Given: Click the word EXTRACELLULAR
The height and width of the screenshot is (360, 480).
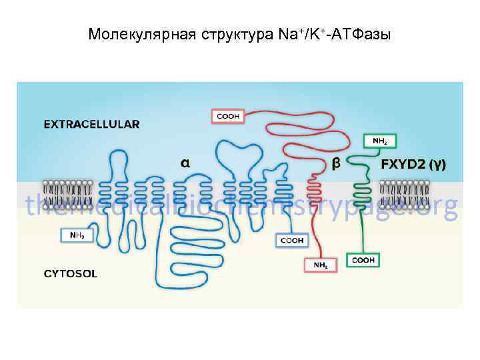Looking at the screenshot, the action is pyautogui.click(x=91, y=123).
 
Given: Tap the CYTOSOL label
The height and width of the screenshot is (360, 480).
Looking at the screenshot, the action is pyautogui.click(x=70, y=273).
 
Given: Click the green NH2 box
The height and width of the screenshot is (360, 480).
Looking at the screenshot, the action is pyautogui.click(x=380, y=141).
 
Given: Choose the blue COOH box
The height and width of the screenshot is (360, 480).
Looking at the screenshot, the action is pyautogui.click(x=291, y=240).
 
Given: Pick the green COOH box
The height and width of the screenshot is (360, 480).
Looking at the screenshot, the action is pyautogui.click(x=363, y=259).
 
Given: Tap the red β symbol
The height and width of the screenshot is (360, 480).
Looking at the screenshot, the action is pyautogui.click(x=336, y=163).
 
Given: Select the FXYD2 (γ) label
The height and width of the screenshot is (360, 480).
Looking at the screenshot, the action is pyautogui.click(x=413, y=163).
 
